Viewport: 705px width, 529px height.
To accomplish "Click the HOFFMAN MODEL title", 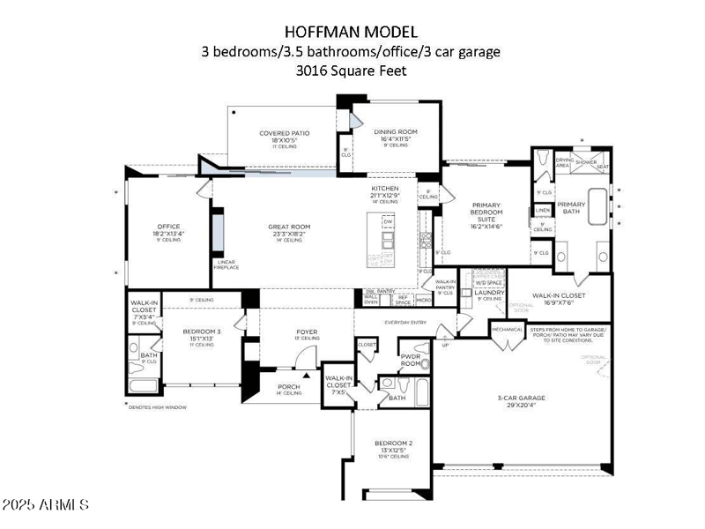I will tap(352, 33).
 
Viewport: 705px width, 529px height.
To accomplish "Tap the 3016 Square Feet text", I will tap(352, 71).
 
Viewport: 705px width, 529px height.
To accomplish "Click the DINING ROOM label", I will tap(398, 135).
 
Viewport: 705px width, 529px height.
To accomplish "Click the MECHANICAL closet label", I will tap(508, 330).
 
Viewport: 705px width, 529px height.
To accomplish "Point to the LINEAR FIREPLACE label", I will tap(226, 265).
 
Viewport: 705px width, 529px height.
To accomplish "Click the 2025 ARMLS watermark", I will tap(46, 506).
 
